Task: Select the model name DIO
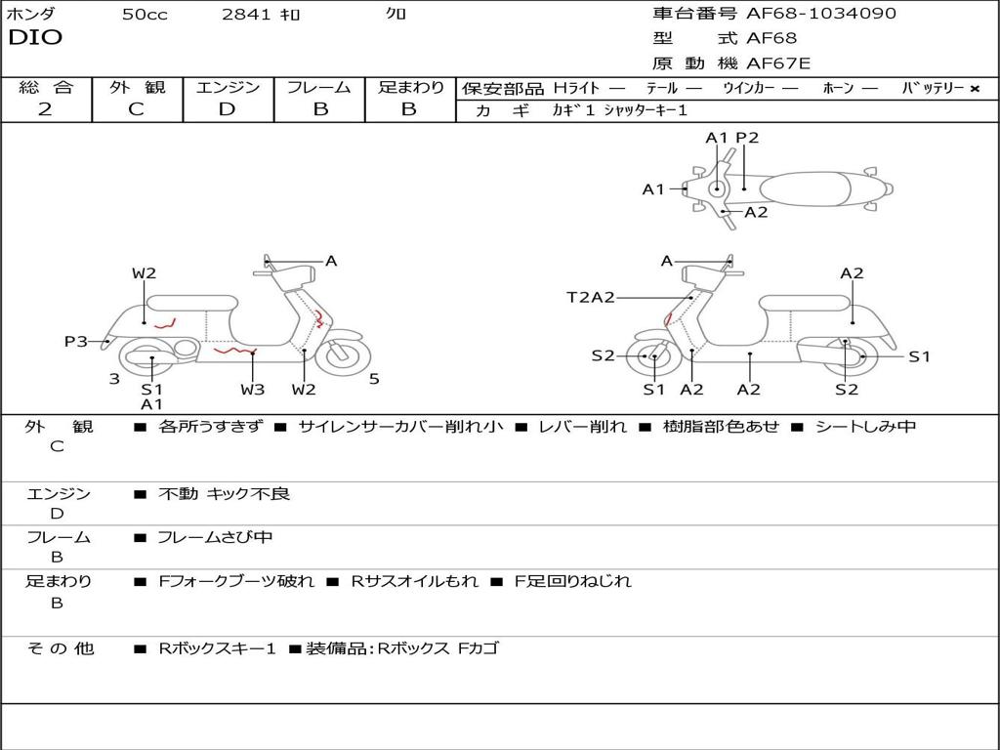point(35,38)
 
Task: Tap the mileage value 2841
point(246,15)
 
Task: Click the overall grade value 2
point(45,109)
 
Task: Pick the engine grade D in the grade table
point(228,109)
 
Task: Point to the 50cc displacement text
point(145,15)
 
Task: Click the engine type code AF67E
point(778,64)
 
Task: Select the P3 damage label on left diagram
point(76,341)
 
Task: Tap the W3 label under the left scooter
point(253,390)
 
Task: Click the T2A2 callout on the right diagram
point(591,297)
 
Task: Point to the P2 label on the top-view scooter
point(747,138)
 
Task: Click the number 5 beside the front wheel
point(374,379)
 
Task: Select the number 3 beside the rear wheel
point(114,379)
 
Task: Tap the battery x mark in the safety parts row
point(974,88)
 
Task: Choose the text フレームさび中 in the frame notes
point(215,537)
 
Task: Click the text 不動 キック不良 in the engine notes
point(224,494)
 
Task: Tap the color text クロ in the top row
point(396,15)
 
